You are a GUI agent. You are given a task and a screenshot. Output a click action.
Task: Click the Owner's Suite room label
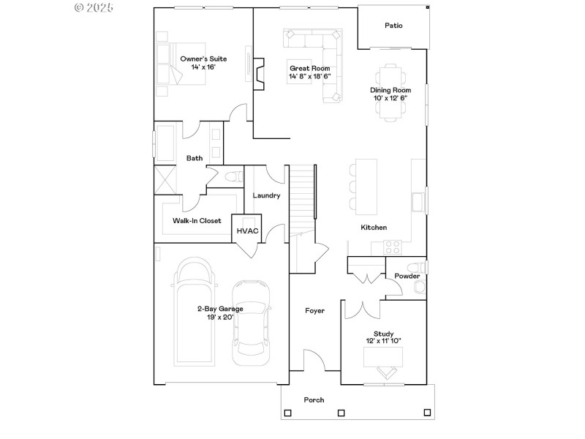203,59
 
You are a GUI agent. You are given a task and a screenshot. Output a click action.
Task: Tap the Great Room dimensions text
309,76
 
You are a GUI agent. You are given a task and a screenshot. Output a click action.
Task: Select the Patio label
393,26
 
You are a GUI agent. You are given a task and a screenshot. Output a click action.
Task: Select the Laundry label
266,195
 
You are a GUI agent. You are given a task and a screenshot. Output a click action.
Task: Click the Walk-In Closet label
197,220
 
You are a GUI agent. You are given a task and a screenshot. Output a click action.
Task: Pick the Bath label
195,158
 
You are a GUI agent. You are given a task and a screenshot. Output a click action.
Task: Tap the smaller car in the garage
251,322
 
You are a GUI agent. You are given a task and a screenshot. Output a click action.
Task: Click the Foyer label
314,311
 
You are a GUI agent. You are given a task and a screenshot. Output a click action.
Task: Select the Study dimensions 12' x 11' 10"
384,341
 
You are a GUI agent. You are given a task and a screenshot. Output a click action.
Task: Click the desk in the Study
383,356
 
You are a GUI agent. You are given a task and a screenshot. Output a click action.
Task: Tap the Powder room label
407,276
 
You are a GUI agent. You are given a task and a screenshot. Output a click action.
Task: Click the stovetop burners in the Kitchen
393,247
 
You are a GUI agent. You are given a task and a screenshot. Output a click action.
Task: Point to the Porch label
314,399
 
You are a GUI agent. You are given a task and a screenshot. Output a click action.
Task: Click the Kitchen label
374,228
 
